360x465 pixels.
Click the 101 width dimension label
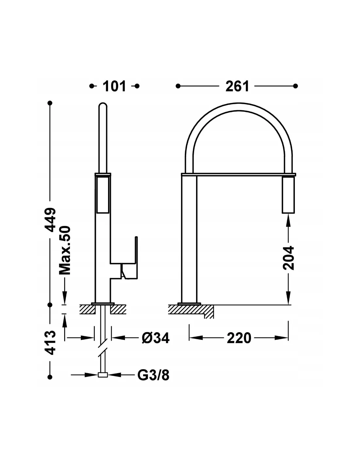coord(114,86)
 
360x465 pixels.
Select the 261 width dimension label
coord(237,86)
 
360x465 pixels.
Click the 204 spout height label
coord(288,258)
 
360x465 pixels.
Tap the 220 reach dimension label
coord(239,338)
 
